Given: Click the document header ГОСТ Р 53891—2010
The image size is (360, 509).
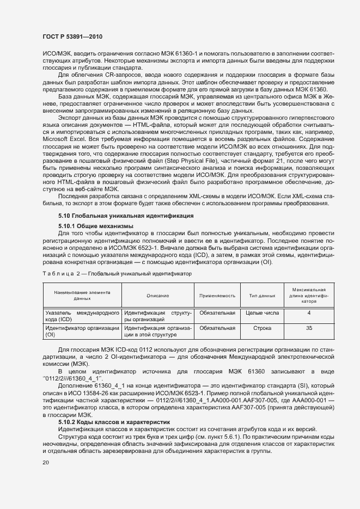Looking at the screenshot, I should pyautogui.click(x=72, y=37).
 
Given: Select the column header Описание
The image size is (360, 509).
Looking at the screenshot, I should pyautogui.click(x=157, y=296).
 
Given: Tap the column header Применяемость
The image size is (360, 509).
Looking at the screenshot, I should pyautogui.click(x=217, y=296).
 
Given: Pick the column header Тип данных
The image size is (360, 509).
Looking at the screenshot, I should pyautogui.click(x=263, y=296).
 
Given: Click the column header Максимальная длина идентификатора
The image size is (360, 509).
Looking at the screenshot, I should pyautogui.click(x=309, y=296).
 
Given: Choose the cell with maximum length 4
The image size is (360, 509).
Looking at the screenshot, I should pyautogui.click(x=309, y=313).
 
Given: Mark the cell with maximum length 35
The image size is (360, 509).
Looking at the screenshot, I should pyautogui.click(x=309, y=328).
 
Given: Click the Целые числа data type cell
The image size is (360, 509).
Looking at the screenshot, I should pyautogui.click(x=263, y=313).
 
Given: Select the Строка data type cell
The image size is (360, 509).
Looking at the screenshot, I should pyautogui.click(x=263, y=328).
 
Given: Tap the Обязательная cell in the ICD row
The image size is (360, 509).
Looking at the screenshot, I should pyautogui.click(x=217, y=313).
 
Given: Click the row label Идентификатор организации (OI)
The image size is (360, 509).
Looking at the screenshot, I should pyautogui.click(x=82, y=332).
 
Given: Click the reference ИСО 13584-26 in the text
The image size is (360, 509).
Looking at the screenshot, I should pyautogui.click(x=97, y=393).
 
